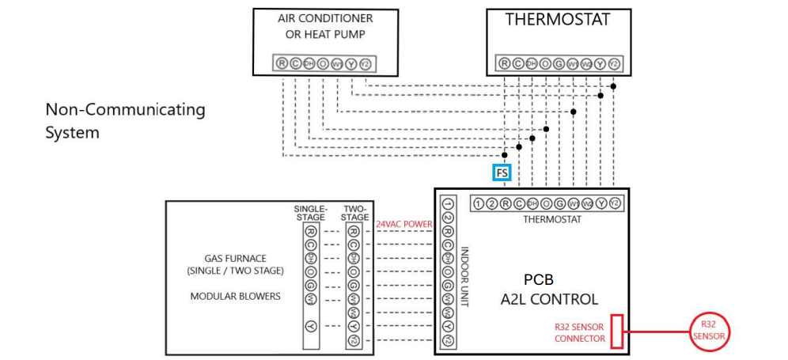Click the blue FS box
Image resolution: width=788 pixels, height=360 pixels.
(502, 173)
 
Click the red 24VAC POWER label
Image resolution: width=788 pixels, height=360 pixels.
(403, 224)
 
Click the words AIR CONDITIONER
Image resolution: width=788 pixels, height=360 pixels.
(325, 18)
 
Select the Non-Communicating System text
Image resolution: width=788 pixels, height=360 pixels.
(125, 120)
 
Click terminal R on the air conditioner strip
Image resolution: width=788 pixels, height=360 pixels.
(282, 63)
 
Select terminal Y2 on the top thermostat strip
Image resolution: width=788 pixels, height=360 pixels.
(614, 63)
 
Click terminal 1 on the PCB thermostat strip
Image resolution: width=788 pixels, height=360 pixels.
(479, 203)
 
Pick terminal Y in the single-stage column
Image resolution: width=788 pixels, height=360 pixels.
(311, 326)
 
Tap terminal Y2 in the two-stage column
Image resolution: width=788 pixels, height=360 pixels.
(354, 339)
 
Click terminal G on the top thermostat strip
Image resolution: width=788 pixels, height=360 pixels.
(559, 63)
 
